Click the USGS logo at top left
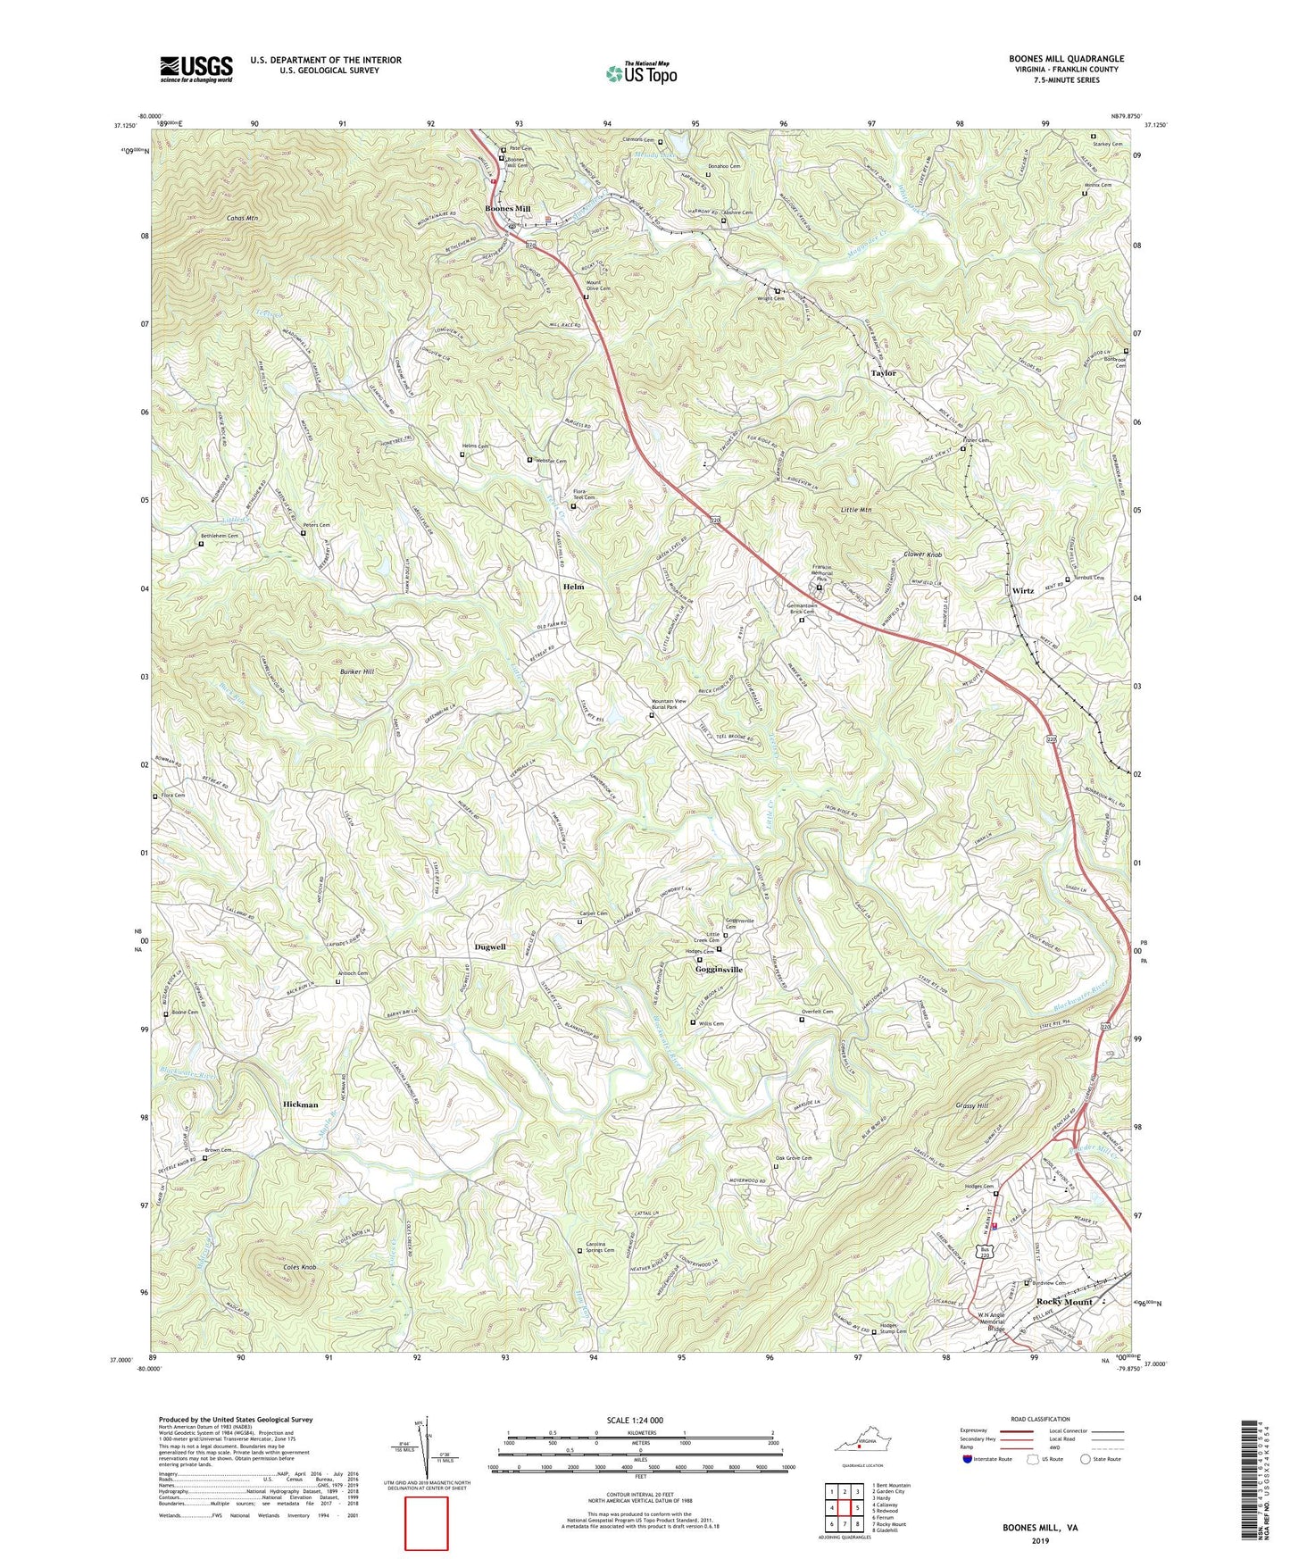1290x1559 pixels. [196, 68]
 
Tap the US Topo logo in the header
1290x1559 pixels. [641, 73]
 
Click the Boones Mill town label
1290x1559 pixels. [507, 209]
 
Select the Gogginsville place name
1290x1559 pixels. [719, 970]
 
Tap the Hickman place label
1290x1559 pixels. [300, 1105]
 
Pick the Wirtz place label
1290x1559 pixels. [1023, 591]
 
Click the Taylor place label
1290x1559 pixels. [883, 373]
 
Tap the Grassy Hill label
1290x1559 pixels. [971, 1105]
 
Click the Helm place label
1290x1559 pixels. [573, 587]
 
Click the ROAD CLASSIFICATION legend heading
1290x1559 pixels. [1040, 1419]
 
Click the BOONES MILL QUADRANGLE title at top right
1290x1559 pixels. [1066, 59]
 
